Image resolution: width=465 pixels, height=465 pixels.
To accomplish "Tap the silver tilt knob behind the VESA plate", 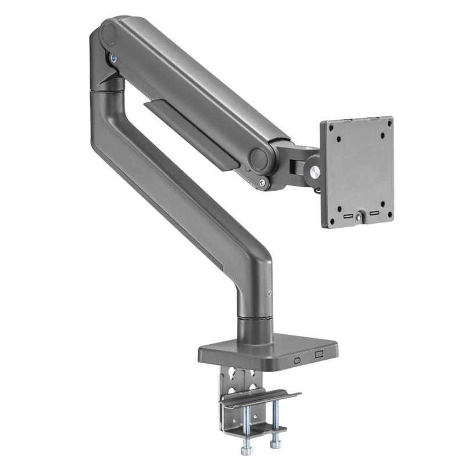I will tap(314, 172).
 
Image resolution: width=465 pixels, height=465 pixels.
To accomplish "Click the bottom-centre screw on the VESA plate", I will tap(359, 217).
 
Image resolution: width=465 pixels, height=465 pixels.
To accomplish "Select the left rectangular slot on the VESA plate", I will tap(346, 216).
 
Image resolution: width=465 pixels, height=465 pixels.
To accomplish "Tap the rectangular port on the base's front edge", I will tap(318, 355).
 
